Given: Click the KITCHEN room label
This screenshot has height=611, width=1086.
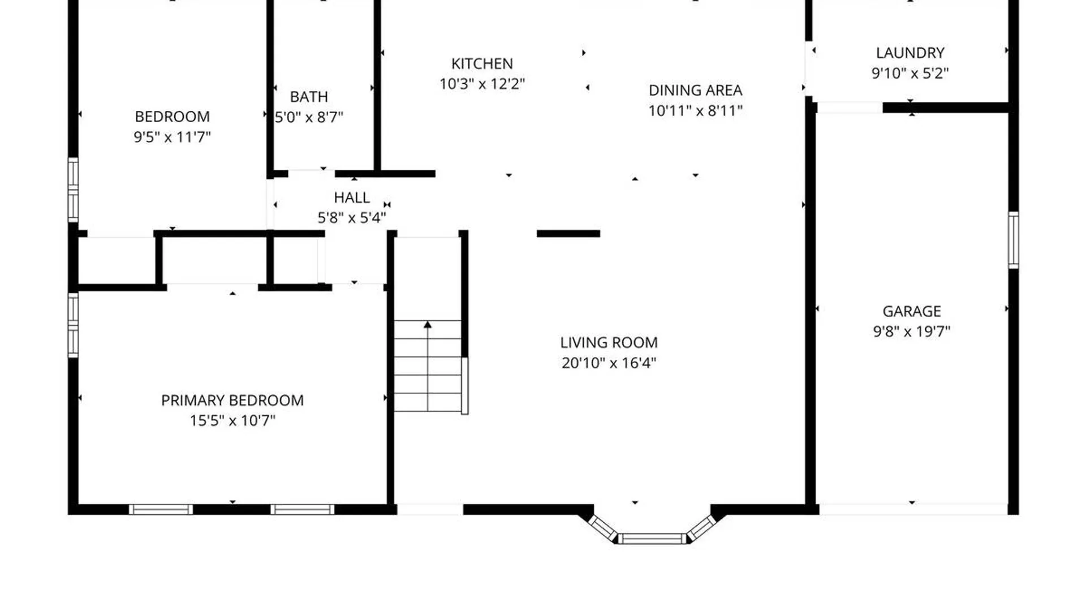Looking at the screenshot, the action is tap(482, 63).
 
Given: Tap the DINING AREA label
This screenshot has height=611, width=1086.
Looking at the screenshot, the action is tap(695, 90).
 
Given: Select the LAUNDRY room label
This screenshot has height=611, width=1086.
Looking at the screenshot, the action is tap(910, 53).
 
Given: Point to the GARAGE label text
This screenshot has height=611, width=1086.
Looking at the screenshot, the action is tap(911, 311).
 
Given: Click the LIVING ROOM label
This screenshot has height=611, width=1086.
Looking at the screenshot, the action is tap(609, 342).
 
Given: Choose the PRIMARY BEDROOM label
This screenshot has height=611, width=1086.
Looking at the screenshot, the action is tap(232, 400).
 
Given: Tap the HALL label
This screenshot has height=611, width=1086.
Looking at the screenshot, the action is tap(351, 197).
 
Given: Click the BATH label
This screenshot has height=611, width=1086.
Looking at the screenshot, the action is tap(309, 97).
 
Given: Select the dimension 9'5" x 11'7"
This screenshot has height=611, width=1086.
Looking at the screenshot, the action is tap(172, 137).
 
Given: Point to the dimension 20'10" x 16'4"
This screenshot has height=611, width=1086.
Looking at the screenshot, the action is tap(609, 363).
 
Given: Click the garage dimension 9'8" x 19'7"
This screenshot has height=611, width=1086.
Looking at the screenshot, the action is tap(911, 332).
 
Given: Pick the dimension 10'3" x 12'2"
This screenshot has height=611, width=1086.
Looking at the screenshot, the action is tap(482, 84).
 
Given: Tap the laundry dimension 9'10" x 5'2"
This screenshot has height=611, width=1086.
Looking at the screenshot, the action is tap(910, 73).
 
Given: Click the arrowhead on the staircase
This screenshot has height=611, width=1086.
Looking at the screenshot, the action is tap(428, 325).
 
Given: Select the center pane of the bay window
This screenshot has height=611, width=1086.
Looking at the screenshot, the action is tap(652, 539).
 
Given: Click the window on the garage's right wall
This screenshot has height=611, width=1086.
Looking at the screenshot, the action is tap(1014, 240).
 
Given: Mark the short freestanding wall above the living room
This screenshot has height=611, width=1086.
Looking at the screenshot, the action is tap(568, 233).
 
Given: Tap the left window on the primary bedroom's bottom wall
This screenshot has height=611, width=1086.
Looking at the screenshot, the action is tap(161, 509).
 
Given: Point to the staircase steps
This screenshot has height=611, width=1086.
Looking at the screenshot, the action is tap(428, 366).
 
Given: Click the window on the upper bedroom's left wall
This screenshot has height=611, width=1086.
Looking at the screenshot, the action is tap(73, 190).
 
